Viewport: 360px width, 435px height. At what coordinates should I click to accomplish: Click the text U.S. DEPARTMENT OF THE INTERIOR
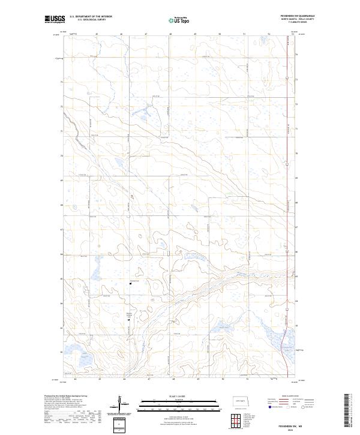pos(91,17)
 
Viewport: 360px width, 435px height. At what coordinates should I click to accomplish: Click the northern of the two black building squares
pos(131,285)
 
